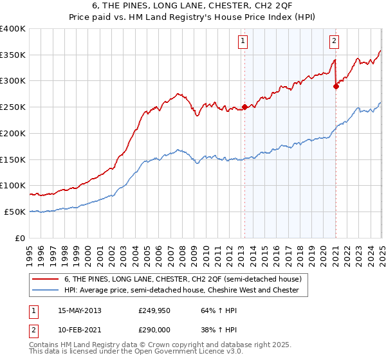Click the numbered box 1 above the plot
[x=243, y=42]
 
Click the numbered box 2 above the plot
[x=335, y=42]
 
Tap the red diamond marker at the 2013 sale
[x=244, y=107]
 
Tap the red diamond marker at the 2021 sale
[x=336, y=86]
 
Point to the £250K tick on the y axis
[x=13, y=107]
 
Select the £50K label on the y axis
[x=15, y=212]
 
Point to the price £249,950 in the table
[x=154, y=310]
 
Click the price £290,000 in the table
[x=154, y=330]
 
